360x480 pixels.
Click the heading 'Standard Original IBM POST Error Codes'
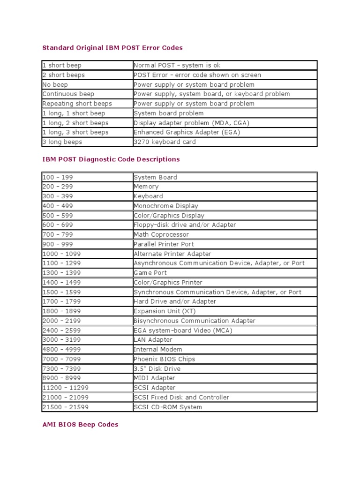click(x=112, y=47)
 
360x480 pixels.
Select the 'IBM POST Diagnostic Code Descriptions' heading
click(x=111, y=159)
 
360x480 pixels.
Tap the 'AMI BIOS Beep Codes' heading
click(x=80, y=424)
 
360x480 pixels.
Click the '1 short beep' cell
click(x=62, y=65)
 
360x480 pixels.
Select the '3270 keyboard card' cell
click(x=165, y=142)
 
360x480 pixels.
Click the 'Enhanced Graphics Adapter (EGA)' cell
click(x=187, y=132)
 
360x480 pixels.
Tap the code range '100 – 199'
click(x=58, y=177)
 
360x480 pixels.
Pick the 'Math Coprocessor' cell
click(x=161, y=234)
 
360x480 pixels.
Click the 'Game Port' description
click(x=150, y=272)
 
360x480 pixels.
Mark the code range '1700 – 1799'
click(x=61, y=301)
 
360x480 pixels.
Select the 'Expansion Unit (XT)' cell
click(x=165, y=311)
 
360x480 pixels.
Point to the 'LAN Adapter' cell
click(x=153, y=339)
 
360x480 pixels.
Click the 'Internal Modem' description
click(x=157, y=349)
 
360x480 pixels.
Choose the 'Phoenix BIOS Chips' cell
click(x=164, y=359)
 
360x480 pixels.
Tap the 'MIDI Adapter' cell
click(x=154, y=378)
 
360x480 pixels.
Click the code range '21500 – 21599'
click(x=65, y=406)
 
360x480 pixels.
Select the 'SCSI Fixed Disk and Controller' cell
click(x=181, y=397)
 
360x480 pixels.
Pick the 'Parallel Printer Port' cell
click(x=164, y=244)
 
